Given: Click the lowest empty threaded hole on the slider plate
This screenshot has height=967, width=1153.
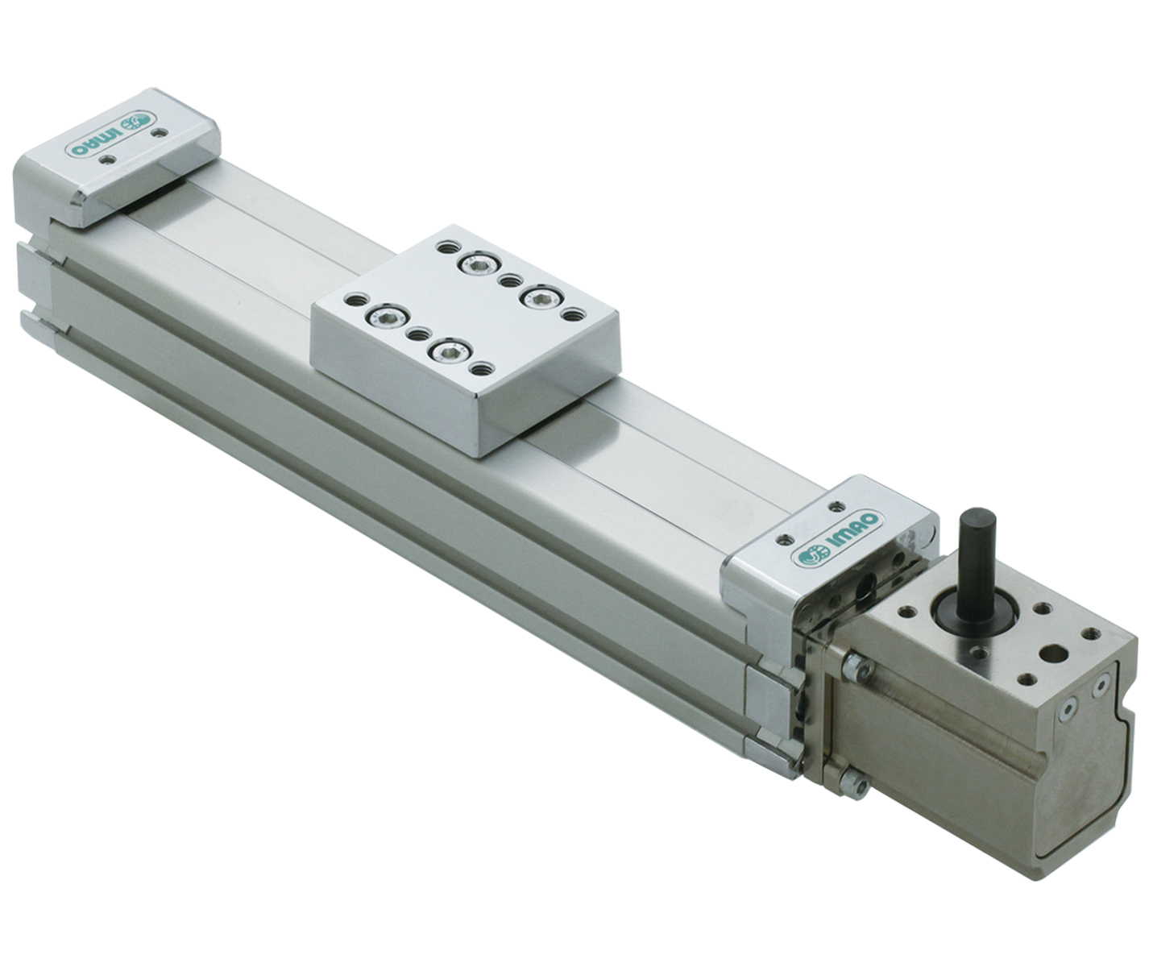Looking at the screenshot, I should click(x=483, y=369).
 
